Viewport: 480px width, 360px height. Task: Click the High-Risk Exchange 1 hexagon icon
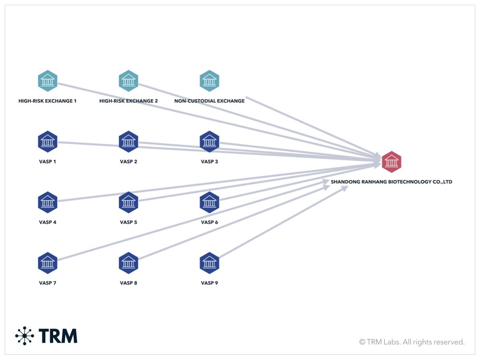(x=48, y=81)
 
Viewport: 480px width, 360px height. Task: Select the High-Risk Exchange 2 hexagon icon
(x=128, y=81)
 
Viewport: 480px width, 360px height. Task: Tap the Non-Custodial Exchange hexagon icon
(x=209, y=81)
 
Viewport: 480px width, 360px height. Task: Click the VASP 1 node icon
(x=48, y=142)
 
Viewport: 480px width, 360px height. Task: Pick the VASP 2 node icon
(x=128, y=142)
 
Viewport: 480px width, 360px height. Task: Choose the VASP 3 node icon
(x=209, y=142)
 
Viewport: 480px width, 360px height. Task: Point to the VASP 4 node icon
(x=48, y=202)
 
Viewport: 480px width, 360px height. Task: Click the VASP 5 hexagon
(x=128, y=202)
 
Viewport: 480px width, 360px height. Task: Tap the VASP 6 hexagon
(x=209, y=202)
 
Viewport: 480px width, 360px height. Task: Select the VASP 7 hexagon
(x=48, y=263)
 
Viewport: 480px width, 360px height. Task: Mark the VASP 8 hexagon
(x=128, y=263)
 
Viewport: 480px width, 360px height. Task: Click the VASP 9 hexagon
(x=209, y=263)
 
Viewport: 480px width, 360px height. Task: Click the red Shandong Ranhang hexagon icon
(x=391, y=162)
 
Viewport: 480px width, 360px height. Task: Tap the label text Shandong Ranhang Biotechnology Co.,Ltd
(x=391, y=182)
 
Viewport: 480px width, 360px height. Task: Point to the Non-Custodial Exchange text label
(x=209, y=101)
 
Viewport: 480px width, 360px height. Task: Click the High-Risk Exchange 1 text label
(x=48, y=101)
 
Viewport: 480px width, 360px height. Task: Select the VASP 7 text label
(x=48, y=283)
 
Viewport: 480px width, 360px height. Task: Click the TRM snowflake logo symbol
(x=25, y=336)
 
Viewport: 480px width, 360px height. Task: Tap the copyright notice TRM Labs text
(x=412, y=342)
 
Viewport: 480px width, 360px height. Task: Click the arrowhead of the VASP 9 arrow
(x=345, y=188)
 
